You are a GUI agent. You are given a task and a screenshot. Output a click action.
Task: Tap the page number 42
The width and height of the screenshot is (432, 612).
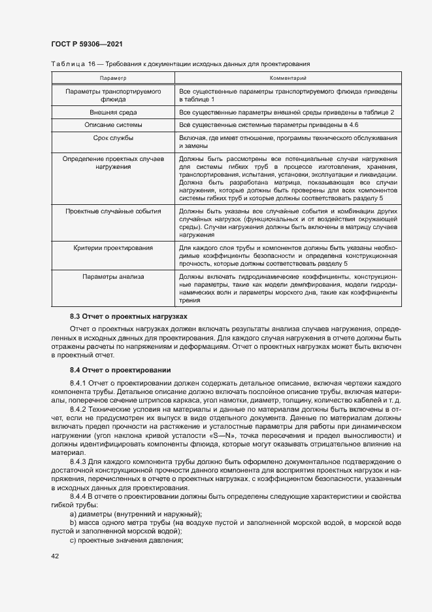(55, 556)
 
